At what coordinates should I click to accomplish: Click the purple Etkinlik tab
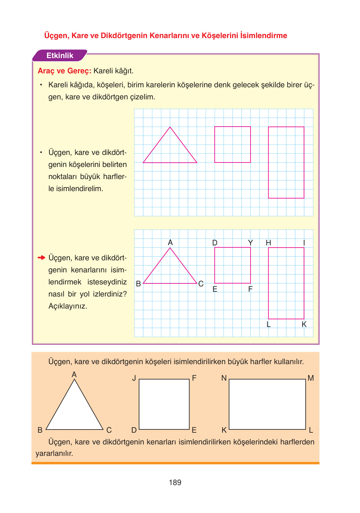[60, 56]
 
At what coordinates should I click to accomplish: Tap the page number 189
[175, 483]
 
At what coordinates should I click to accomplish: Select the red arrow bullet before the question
[41, 257]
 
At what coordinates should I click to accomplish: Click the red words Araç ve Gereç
[64, 71]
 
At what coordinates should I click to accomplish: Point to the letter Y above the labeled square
[250, 243]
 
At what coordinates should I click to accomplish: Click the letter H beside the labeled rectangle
[269, 243]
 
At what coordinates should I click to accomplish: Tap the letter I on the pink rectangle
[304, 243]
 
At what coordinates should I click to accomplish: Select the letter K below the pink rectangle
[304, 324]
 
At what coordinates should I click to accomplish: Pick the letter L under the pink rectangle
[269, 324]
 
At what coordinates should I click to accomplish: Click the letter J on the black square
[134, 378]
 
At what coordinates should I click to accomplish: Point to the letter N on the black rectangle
[224, 378]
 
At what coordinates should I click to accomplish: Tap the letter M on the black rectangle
[311, 378]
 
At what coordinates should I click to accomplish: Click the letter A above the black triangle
[74, 375]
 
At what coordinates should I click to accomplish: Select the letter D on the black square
[134, 430]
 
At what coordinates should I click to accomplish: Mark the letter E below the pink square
[215, 289]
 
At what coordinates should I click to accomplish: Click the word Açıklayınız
[68, 306]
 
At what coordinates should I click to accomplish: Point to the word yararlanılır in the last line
[54, 453]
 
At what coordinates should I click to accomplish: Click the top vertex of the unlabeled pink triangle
[170, 127]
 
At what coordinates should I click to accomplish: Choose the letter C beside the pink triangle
[201, 284]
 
